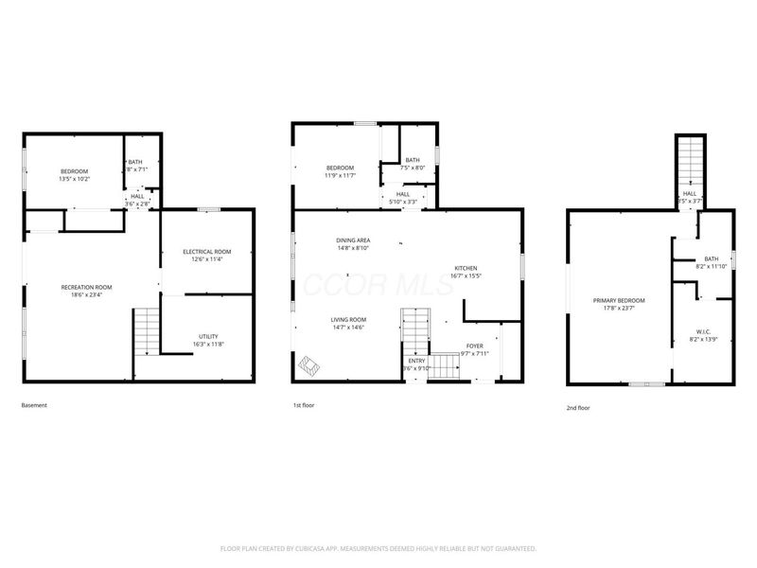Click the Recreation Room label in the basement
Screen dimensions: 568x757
tap(86, 287)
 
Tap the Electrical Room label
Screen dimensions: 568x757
tap(206, 251)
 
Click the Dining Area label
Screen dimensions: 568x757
tap(353, 240)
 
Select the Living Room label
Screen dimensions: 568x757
tap(348, 320)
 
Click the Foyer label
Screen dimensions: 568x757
tap(474, 346)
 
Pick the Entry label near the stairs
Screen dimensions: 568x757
tap(416, 361)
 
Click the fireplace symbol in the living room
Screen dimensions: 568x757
tap(309, 364)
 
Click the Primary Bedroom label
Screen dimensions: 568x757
tap(619, 300)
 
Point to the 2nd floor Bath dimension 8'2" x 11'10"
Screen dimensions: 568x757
tap(711, 267)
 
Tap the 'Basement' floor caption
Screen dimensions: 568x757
tap(34, 405)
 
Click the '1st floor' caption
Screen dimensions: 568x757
tap(304, 405)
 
